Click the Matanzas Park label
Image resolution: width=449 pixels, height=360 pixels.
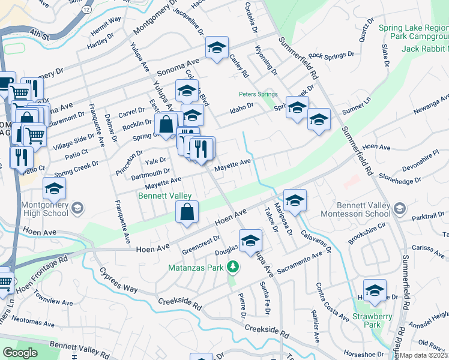coord(196,267)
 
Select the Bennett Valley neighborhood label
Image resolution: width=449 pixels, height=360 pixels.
coord(164,196)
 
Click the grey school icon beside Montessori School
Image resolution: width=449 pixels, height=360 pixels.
coord(400,209)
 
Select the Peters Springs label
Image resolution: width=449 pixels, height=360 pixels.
coord(258,94)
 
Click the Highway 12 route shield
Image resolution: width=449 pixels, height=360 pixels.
coord(87,10)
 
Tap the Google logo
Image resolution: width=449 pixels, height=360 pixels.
coord(20,353)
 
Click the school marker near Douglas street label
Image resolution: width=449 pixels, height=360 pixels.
coord(251,241)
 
